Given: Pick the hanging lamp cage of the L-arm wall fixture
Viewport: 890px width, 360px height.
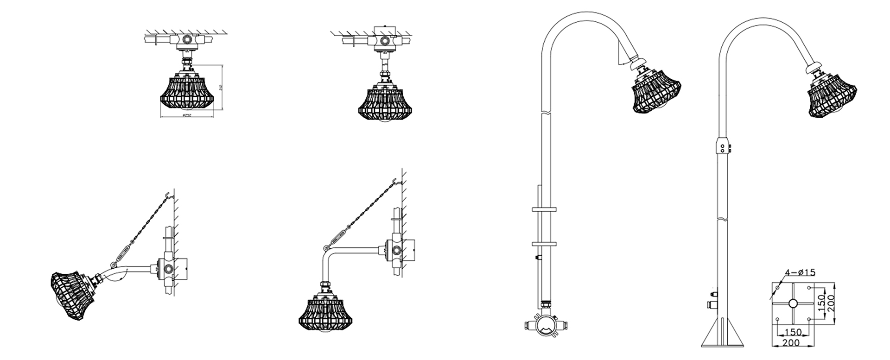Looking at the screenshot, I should point(327,313).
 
